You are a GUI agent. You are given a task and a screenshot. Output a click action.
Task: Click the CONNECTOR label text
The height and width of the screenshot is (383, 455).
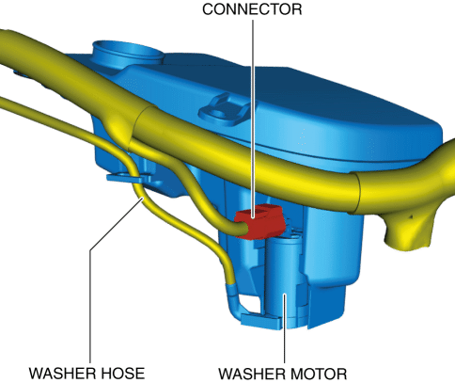(x=252, y=9)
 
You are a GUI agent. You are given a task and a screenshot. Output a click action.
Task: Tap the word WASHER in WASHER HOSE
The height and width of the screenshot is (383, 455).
(x=58, y=374)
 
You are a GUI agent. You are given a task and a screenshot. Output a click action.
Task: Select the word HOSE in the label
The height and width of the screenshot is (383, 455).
(x=118, y=374)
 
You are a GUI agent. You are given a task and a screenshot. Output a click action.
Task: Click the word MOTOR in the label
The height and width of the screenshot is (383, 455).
(x=320, y=374)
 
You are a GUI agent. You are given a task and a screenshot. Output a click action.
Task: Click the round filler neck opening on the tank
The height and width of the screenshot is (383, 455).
(x=129, y=52)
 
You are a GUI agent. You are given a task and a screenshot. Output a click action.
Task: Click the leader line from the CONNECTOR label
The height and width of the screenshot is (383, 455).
(x=253, y=119)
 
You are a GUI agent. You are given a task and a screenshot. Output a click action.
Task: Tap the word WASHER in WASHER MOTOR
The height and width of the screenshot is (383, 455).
(x=252, y=374)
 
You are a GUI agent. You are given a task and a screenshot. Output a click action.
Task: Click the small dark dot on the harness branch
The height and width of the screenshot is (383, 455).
(x=412, y=216)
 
